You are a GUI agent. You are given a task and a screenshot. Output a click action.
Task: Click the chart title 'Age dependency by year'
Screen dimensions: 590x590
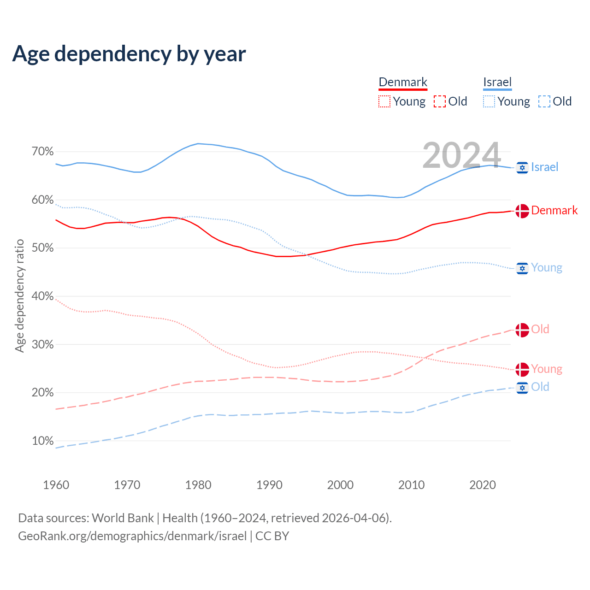129,54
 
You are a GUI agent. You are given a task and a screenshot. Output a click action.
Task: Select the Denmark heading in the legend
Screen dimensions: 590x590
403,82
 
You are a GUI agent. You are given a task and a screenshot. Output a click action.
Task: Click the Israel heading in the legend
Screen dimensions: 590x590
497,82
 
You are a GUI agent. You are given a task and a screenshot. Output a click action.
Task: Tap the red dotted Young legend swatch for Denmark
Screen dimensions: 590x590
384,101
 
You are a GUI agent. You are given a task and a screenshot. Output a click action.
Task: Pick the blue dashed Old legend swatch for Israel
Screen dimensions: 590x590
544,101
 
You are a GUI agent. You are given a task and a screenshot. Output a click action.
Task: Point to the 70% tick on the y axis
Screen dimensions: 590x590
43,152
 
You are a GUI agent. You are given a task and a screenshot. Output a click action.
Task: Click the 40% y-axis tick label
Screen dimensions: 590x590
43,296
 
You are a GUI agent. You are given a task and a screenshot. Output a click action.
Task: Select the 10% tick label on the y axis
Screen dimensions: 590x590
43,441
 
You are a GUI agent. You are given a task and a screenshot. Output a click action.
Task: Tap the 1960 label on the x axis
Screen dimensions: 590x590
56,485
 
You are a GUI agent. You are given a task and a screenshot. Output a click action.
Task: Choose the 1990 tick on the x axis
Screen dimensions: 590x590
269,485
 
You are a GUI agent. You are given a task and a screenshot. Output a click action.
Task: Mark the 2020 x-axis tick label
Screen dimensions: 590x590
483,485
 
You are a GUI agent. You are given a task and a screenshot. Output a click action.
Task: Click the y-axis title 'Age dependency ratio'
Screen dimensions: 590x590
19,295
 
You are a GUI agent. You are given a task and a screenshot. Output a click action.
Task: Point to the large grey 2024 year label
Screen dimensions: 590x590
461,155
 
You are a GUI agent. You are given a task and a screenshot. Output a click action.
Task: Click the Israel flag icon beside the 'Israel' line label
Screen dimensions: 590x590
522,167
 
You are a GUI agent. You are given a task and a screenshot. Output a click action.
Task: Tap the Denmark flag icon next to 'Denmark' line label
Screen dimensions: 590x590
522,211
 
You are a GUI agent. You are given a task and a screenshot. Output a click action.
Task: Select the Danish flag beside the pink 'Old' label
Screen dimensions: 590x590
522,330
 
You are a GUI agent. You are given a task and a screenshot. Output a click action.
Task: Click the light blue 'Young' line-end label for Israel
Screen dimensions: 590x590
547,268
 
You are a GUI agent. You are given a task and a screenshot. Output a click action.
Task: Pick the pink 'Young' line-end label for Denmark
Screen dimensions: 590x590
547,369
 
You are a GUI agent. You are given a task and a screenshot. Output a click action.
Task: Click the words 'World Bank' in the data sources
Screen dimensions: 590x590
123,518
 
